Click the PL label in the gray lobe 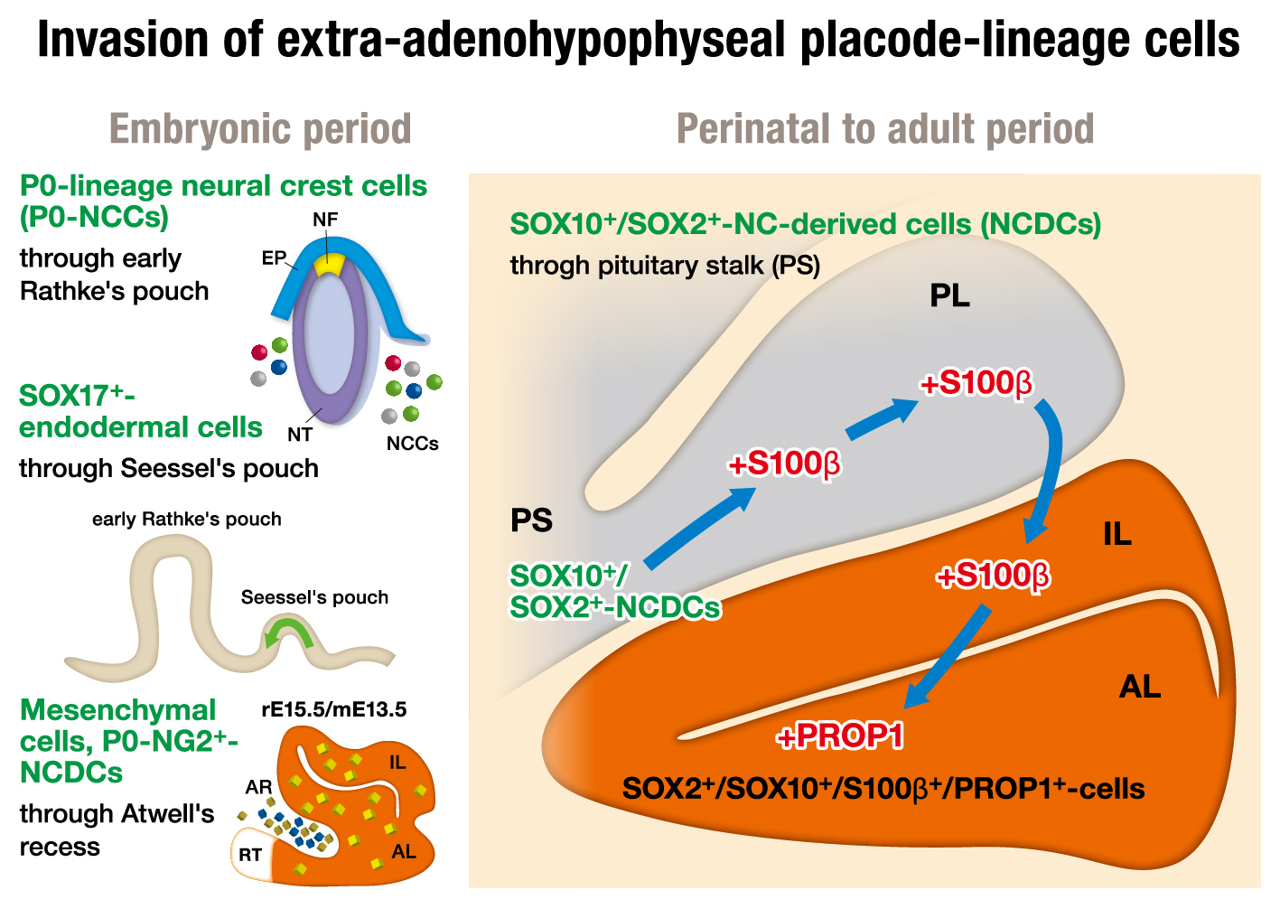pos(949,295)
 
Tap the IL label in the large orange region pos(1116,535)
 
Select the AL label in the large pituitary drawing pos(1139,688)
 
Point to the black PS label pos(531,521)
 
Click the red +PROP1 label pos(840,737)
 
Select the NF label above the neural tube pos(325,220)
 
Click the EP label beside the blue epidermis pos(273,258)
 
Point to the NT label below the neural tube pos(300,435)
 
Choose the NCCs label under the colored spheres pos(412,444)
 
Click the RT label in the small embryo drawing pos(250,855)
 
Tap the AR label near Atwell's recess pos(258,787)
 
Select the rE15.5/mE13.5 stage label pos(334,709)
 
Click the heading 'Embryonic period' pos(260,129)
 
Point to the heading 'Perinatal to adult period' pos(884,129)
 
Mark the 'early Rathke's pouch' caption pos(187,520)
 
